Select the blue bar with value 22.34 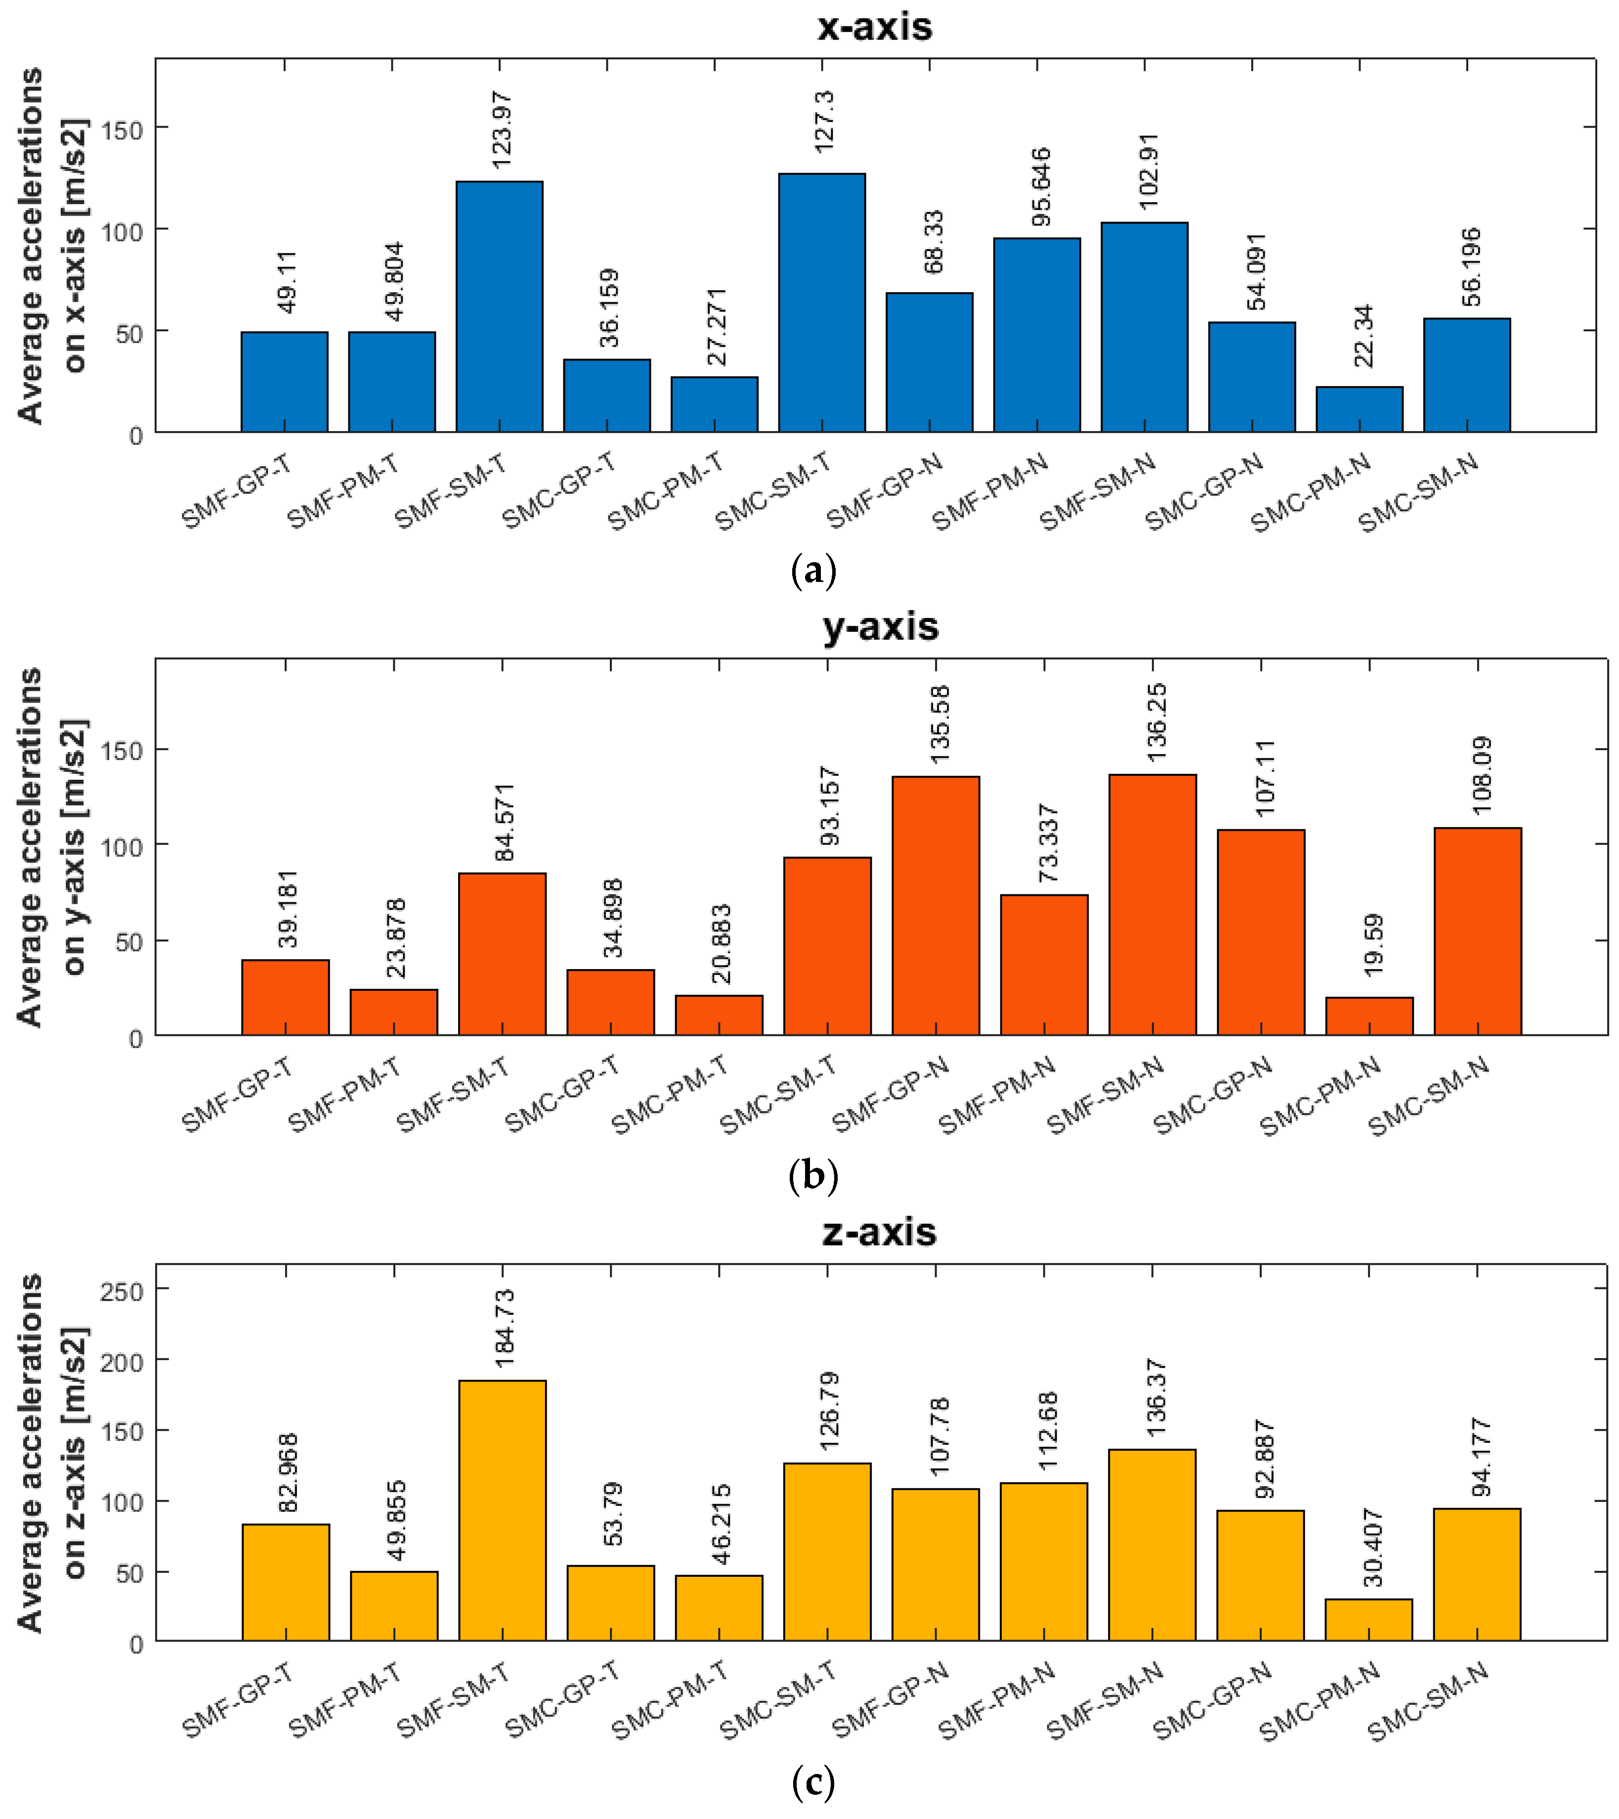1359,409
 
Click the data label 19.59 1372,944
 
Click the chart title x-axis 874,27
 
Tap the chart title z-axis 878,1233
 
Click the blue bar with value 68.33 929,362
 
